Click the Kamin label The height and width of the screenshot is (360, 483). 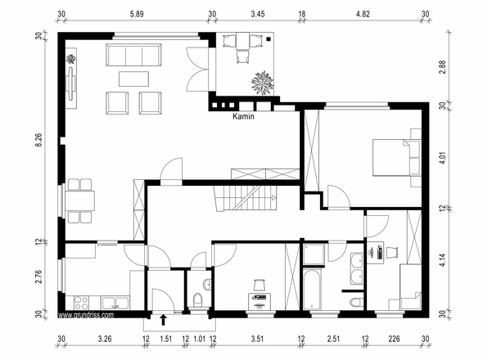point(243,116)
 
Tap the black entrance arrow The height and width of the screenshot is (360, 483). point(163,320)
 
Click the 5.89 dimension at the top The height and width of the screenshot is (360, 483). point(137,14)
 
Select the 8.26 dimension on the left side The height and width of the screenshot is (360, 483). point(38,140)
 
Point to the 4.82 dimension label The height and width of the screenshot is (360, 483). point(363,14)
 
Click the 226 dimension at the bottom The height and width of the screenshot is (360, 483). point(394,339)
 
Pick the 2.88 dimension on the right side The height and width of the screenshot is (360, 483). point(443,67)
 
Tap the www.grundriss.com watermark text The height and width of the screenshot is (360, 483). point(86,315)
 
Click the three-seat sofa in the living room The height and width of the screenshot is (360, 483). point(133,55)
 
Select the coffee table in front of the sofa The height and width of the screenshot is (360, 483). point(133,79)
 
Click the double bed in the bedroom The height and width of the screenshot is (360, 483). point(397,158)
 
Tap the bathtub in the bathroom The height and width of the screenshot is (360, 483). point(312,289)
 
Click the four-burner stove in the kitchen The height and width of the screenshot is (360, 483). point(81,303)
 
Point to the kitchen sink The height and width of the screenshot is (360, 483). point(115,303)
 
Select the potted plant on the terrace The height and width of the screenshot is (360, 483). point(263,83)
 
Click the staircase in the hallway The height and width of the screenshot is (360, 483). point(246,198)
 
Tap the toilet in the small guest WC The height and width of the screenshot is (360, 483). point(197,300)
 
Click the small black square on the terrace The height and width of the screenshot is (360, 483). point(269,39)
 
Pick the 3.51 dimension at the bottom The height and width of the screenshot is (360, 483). point(257,339)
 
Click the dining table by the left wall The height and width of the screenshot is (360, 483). point(79,200)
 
